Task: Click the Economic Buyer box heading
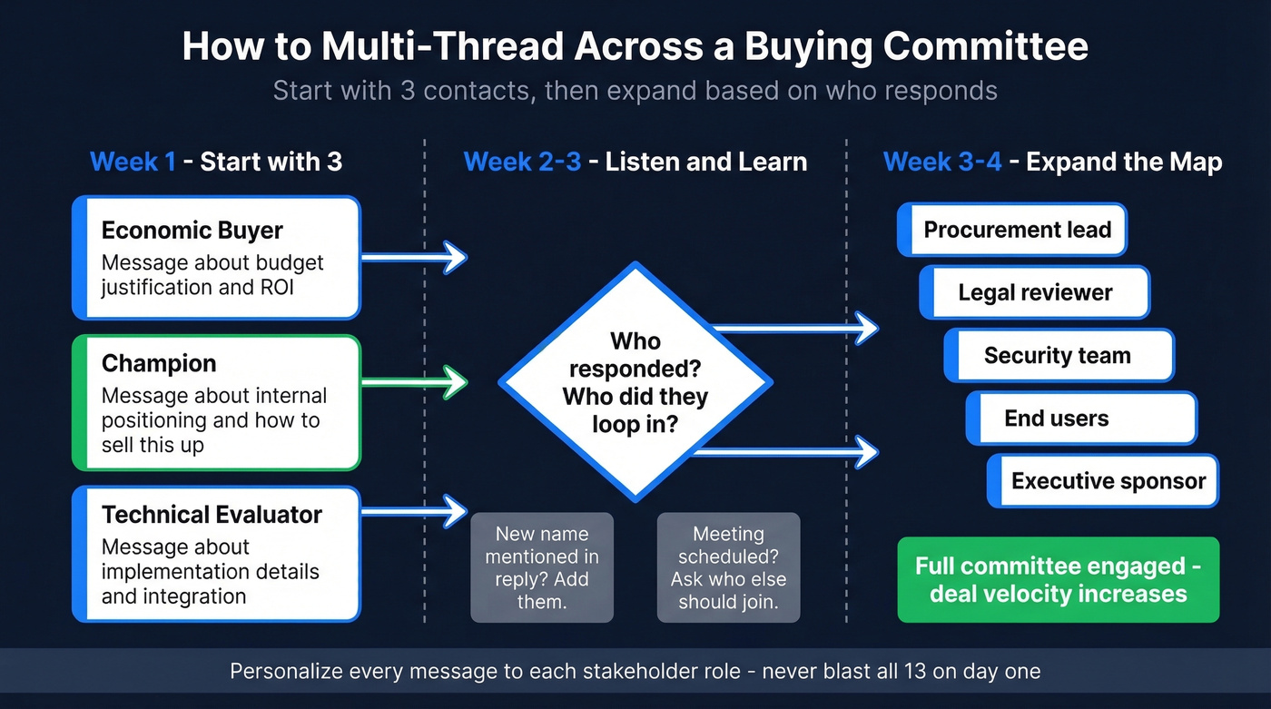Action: point(192,231)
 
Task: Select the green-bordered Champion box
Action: point(216,403)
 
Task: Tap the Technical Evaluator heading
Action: point(212,515)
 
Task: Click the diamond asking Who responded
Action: point(635,382)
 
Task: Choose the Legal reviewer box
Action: point(1035,292)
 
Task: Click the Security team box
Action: point(1059,355)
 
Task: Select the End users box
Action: point(1081,419)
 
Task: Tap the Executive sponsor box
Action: point(1103,481)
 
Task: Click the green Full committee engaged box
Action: point(1058,580)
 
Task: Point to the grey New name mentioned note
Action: point(542,567)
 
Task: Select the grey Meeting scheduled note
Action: point(728,567)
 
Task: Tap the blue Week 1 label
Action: point(133,162)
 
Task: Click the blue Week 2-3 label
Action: point(521,162)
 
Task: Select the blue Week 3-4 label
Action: point(941,162)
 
